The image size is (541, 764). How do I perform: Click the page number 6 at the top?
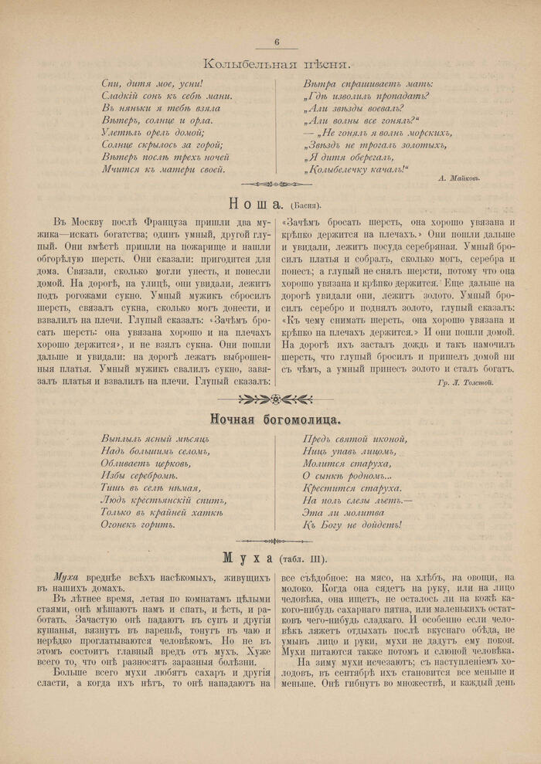(x=276, y=42)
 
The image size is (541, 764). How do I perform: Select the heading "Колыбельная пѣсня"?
(x=276, y=63)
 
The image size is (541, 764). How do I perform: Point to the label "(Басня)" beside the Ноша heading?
(x=306, y=205)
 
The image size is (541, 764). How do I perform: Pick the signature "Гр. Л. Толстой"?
(x=464, y=382)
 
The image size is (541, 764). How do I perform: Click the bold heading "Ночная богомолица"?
(x=276, y=419)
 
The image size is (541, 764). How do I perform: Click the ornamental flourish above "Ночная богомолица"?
(x=276, y=399)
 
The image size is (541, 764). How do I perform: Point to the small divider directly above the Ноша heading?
(x=276, y=184)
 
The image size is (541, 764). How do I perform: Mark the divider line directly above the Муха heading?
(x=276, y=541)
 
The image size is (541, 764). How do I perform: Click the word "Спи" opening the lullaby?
(x=110, y=83)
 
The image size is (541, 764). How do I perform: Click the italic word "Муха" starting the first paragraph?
(x=66, y=577)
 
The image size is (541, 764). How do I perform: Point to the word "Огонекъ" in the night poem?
(x=122, y=525)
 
